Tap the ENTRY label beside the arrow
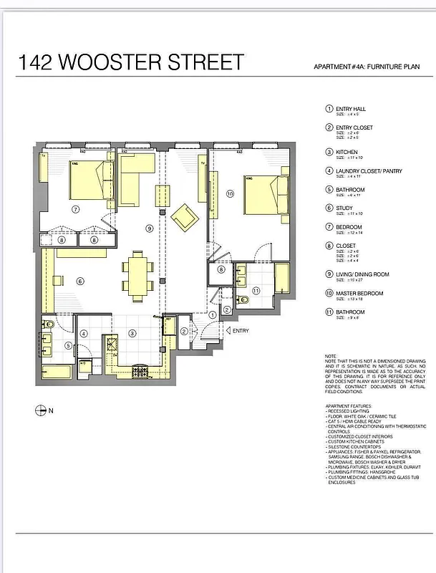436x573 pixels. point(241,331)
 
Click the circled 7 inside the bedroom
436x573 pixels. point(75,208)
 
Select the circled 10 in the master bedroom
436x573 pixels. point(230,193)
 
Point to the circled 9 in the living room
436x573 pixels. point(149,228)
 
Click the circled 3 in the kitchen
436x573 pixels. point(132,333)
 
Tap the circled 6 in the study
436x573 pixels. point(80,281)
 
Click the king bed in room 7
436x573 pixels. point(91,180)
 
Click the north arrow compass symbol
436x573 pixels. point(40,410)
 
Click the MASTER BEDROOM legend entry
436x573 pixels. point(359,293)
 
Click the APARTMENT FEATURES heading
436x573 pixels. point(351,405)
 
